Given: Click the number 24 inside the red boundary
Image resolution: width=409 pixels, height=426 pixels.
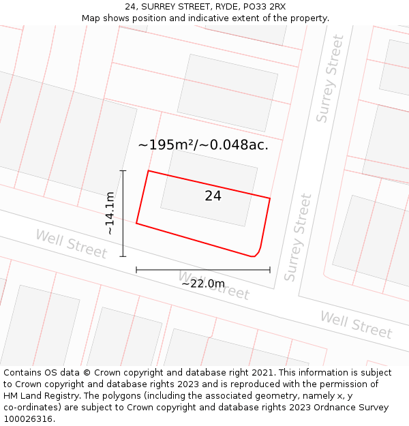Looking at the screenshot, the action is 213,196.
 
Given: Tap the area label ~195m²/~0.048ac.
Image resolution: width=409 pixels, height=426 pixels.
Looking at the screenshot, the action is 203,145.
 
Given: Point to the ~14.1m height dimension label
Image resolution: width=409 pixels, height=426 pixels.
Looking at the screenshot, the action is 109,213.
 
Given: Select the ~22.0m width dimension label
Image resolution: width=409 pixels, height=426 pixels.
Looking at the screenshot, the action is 202,284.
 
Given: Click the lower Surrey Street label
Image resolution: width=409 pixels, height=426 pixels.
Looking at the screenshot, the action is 298,238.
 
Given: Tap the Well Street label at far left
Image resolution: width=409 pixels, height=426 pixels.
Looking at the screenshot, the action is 71,244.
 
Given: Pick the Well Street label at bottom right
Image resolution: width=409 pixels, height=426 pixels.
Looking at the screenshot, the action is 356,325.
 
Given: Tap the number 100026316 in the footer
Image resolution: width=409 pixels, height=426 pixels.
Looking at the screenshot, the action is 28,419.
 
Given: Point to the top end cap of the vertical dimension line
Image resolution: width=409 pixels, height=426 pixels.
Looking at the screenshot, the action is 123,170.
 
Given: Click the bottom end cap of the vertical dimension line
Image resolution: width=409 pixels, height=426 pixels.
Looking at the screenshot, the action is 123,256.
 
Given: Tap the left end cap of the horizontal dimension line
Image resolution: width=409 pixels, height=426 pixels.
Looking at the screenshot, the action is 136,270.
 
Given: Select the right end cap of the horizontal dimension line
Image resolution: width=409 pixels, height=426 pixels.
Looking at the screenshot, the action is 270,270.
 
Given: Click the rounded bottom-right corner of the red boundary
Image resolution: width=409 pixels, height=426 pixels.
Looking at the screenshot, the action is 257,254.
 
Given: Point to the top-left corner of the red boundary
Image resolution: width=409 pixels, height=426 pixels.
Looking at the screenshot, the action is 149,171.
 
